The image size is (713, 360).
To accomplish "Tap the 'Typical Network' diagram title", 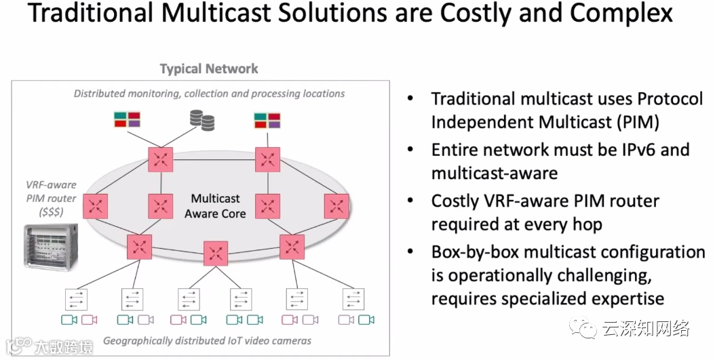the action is coord(209,68).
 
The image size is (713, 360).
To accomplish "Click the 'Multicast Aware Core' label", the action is coord(215,206).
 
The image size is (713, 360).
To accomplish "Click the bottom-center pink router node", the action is coord(216,254).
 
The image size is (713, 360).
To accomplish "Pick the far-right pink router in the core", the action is coord(336,206).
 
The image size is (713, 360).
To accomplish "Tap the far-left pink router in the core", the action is coord(96,206).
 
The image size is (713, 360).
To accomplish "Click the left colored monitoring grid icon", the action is coord(127,120).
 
